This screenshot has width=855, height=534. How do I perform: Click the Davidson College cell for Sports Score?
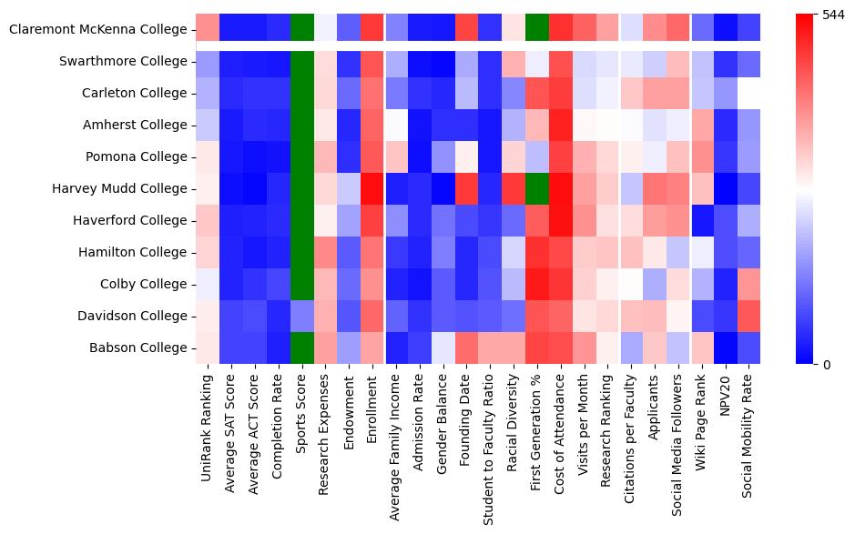pos(302,316)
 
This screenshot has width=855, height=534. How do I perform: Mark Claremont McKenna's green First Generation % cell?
pos(538,30)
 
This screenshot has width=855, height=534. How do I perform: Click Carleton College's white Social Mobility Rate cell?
pos(750,94)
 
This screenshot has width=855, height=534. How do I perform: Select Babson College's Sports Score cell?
pos(302,348)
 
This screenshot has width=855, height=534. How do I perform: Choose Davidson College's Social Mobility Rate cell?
pos(750,316)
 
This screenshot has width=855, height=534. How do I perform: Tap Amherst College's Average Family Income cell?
pos(396,126)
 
